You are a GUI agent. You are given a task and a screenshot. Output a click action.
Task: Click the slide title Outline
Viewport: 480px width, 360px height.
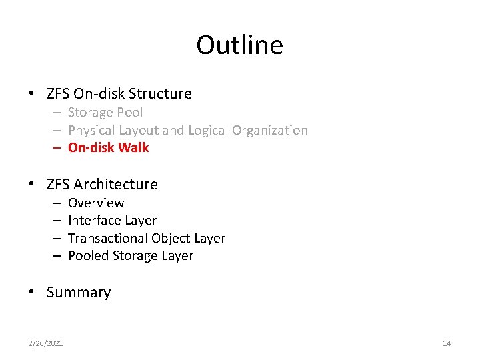(239, 45)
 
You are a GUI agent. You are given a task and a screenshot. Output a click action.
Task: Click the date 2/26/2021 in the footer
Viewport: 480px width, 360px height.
(45, 343)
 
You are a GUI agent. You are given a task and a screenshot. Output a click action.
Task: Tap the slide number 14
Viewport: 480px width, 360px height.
(446, 343)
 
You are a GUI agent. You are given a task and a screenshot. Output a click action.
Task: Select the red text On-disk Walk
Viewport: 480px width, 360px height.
(108, 148)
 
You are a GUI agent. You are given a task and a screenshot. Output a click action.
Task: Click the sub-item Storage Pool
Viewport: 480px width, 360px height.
(105, 113)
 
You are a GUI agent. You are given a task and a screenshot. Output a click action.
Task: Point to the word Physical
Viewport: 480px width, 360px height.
(91, 131)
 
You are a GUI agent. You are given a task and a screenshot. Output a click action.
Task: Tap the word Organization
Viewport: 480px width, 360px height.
(270, 131)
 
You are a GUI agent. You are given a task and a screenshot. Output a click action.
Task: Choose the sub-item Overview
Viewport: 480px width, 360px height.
(96, 203)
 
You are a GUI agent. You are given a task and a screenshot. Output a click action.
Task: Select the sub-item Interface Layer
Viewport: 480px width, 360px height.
(112, 221)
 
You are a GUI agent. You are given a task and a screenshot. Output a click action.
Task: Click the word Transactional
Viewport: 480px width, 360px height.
(108, 238)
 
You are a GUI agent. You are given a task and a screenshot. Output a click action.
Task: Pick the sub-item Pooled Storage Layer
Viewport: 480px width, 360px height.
(131, 256)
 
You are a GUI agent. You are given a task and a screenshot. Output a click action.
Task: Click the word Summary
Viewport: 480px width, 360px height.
(79, 293)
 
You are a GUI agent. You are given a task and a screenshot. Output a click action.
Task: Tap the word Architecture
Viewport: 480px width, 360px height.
(116, 184)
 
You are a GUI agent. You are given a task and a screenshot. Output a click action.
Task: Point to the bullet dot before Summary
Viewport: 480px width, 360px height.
(31, 293)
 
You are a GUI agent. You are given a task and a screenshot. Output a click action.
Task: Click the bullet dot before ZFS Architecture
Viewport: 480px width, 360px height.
(31, 185)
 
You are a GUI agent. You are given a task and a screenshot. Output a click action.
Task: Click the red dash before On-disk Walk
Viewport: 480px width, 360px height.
(58, 148)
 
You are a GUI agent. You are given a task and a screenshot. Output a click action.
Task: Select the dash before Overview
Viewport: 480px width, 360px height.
(58, 203)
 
